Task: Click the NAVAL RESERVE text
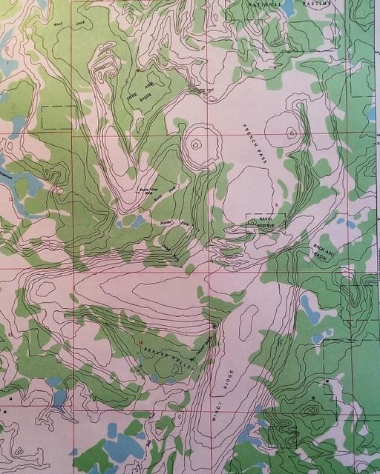tap(265, 220)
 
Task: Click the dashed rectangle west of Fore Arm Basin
tap(59, 118)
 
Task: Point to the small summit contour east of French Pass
tap(292, 133)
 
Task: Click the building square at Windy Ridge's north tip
tap(214, 325)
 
